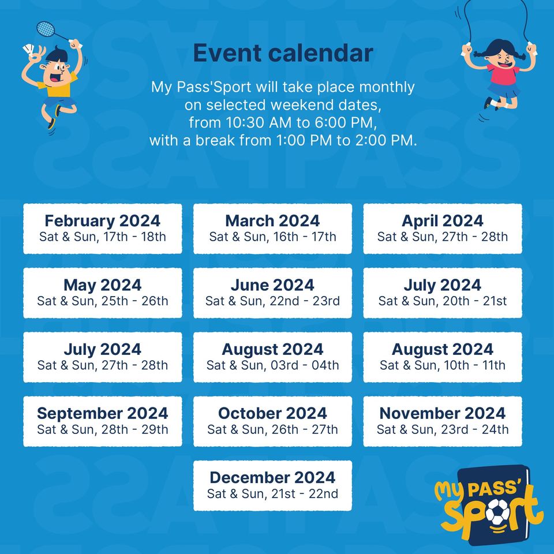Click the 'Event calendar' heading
(x=283, y=53)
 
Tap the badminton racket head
(x=46, y=29)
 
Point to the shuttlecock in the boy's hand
(x=29, y=50)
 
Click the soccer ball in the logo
(x=498, y=512)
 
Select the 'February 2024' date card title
(x=103, y=221)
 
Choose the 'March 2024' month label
(x=272, y=221)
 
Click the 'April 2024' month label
(x=443, y=221)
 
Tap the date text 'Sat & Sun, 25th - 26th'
(x=103, y=301)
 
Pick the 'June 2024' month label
(x=272, y=285)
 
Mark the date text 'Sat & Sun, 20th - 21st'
(x=443, y=301)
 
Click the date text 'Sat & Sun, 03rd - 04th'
(x=272, y=365)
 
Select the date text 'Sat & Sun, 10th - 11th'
(x=443, y=365)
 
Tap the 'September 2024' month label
(x=103, y=413)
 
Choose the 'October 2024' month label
(x=272, y=413)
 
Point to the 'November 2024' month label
(x=443, y=413)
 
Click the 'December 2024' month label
(x=272, y=478)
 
